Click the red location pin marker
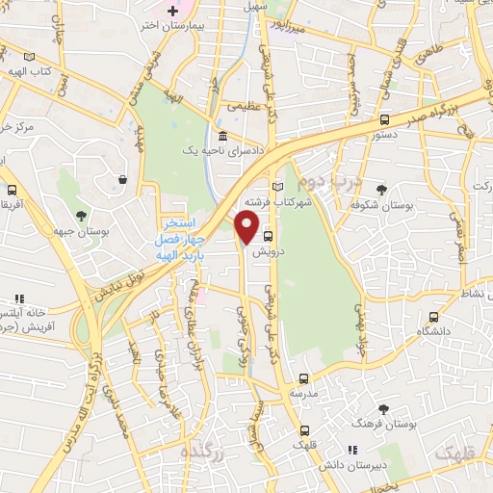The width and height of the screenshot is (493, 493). pyautogui.click(x=247, y=227)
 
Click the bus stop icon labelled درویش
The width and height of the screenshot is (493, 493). pyautogui.click(x=269, y=236)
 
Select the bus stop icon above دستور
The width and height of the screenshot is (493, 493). pyautogui.click(x=384, y=120)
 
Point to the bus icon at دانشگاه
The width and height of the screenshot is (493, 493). pyautogui.click(x=434, y=315)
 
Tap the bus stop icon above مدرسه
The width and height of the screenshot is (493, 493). pyautogui.click(x=303, y=378)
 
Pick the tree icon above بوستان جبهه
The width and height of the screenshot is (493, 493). pyautogui.click(x=80, y=216)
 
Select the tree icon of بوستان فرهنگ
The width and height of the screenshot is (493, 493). pyautogui.click(x=383, y=409)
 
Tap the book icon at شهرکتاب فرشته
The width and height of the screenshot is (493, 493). pyautogui.click(x=279, y=186)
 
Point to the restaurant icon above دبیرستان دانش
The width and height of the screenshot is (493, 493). pyautogui.click(x=351, y=449)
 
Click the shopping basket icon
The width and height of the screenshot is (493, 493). pyautogui.click(x=124, y=179)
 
